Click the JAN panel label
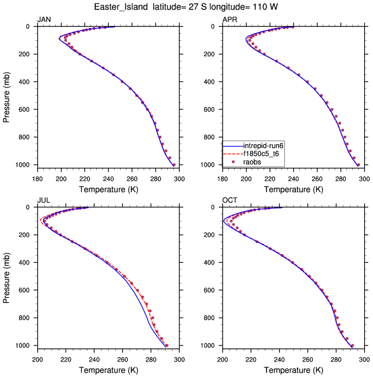click(44, 20)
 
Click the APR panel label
click(229, 20)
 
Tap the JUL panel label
click(43, 201)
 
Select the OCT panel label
click(229, 201)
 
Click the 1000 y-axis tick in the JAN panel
click(24, 165)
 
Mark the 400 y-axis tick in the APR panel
click(212, 82)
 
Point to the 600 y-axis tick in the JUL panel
click(27, 290)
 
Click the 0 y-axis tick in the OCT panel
click(216, 207)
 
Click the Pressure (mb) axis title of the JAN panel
click(7, 96)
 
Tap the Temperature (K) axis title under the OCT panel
click(293, 370)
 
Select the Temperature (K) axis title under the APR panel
click(293, 189)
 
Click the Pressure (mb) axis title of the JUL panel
click(7, 276)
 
